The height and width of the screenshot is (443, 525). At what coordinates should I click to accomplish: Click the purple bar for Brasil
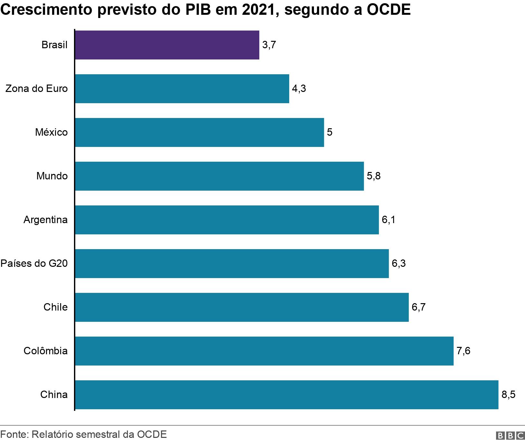coord(167,45)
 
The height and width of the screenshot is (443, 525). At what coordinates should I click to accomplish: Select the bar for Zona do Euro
coord(182,89)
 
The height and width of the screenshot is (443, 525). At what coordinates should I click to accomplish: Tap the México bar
coord(199,132)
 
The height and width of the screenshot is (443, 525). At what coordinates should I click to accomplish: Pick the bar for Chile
coord(242,307)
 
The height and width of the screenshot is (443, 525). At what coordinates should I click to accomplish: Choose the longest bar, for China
coord(287,395)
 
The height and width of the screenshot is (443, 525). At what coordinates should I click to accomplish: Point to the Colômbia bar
coord(264,351)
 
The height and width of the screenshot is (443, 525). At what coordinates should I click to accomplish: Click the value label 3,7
coord(269,45)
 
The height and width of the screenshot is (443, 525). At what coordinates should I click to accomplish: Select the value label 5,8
coord(373,176)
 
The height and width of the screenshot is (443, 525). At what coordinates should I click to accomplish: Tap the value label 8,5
coord(508,395)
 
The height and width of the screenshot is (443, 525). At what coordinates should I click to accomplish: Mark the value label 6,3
coord(399,264)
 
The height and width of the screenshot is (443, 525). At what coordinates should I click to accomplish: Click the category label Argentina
coord(46,220)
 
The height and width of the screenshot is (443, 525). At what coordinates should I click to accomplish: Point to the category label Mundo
coord(52,176)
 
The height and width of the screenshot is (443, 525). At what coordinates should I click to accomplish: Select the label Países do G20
coord(34,264)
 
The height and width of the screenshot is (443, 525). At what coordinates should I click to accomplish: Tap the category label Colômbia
coord(46,351)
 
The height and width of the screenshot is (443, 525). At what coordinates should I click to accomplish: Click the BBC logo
coord(510,436)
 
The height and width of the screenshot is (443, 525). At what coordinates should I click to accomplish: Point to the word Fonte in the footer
coord(14,435)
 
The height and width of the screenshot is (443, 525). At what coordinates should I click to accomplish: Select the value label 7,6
coord(463,351)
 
